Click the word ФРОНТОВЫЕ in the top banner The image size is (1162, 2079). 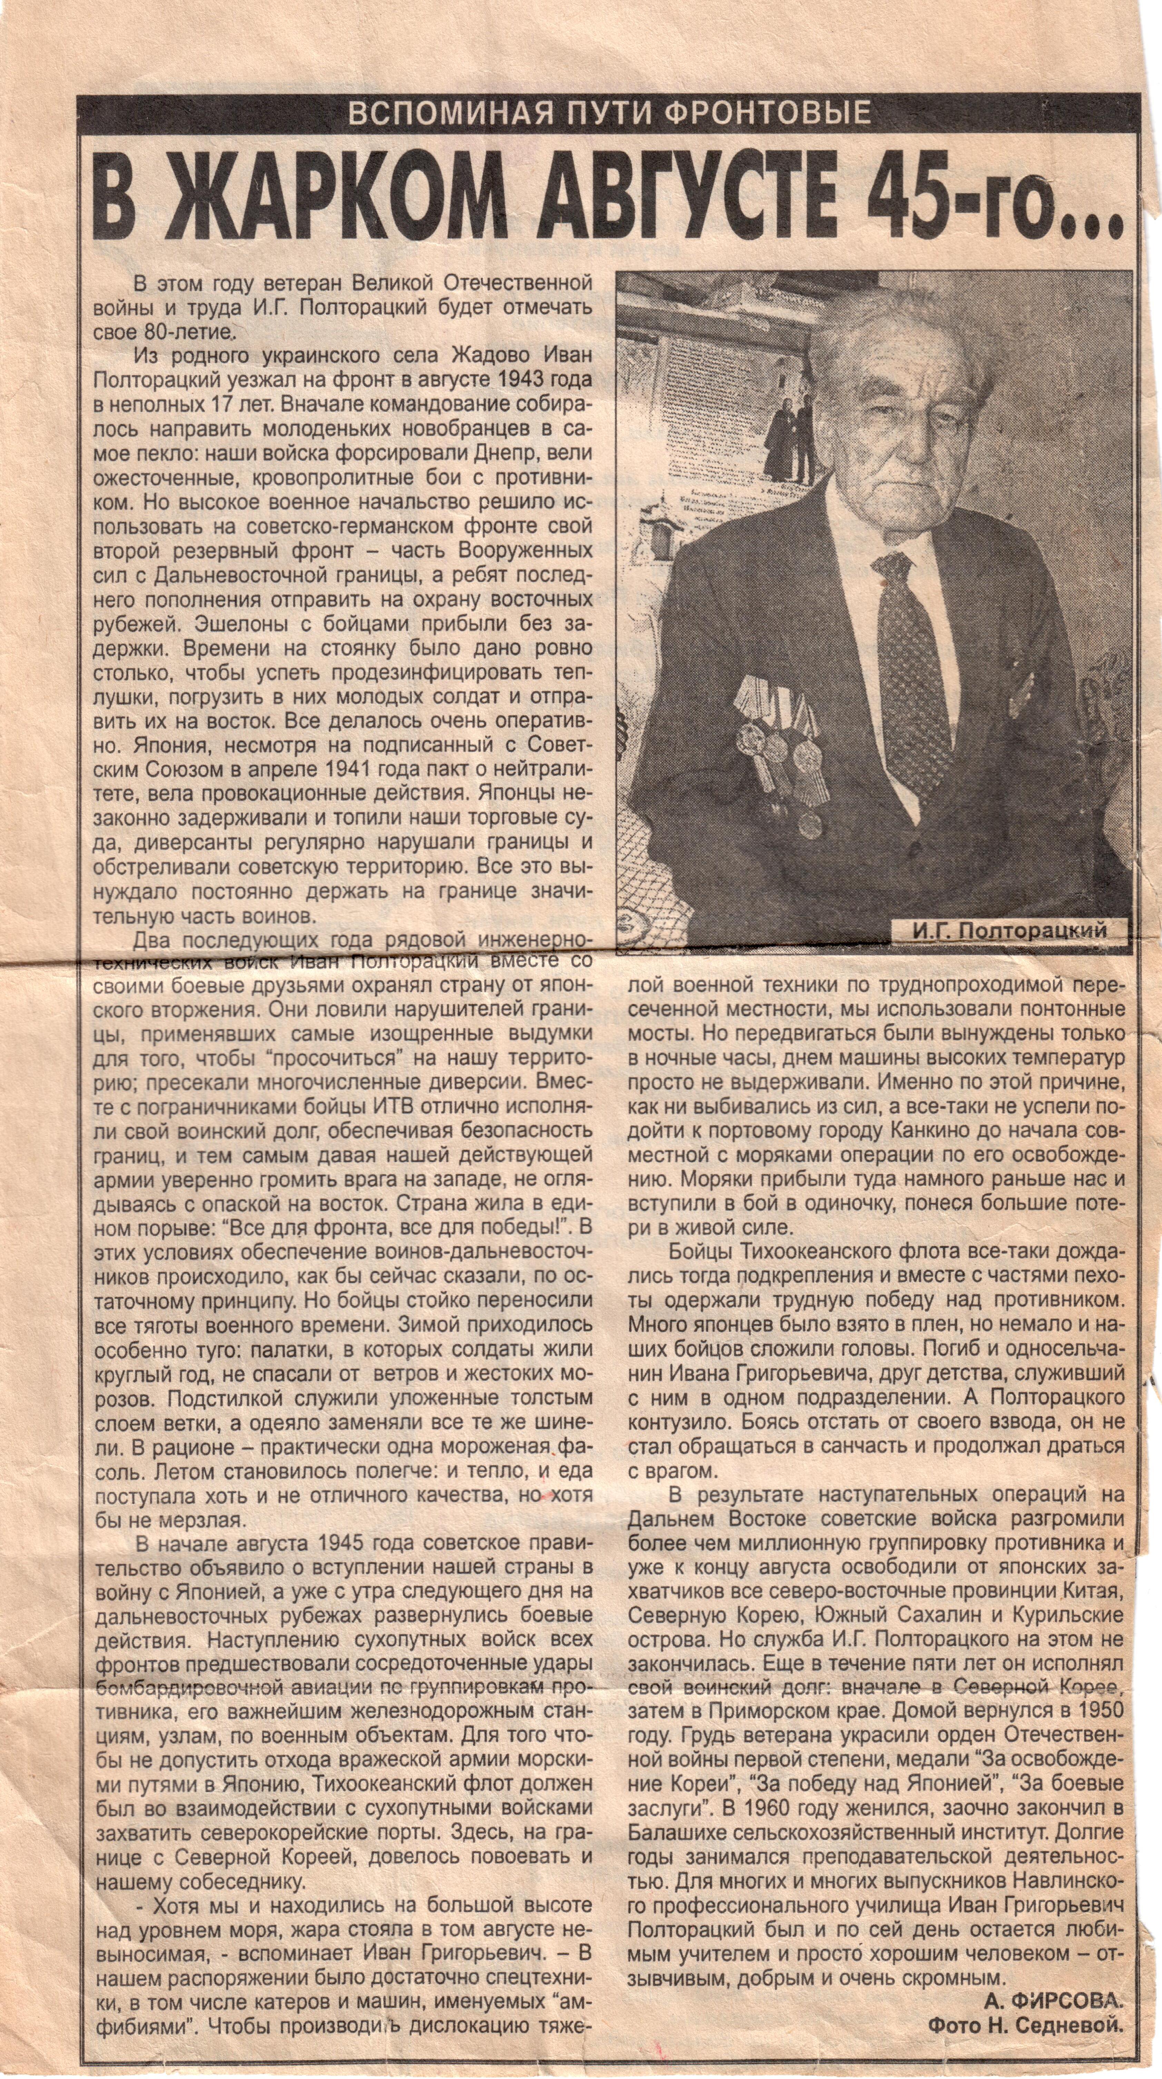click(767, 113)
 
